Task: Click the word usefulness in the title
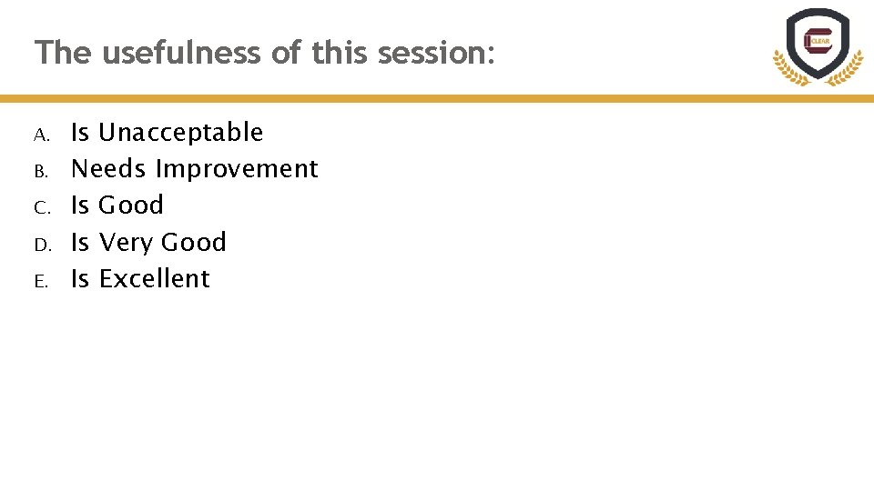[182, 53]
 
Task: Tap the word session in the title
[435, 53]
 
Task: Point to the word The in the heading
[63, 53]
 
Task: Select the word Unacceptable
[180, 133]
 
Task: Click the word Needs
[108, 169]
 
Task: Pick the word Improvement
[237, 169]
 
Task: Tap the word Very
[125, 243]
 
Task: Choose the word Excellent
[154, 278]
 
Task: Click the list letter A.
[41, 135]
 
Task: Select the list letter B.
[41, 172]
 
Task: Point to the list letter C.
[41, 208]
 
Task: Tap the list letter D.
[41, 245]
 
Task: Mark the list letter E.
[41, 282]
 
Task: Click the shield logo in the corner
[817, 42]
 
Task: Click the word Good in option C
[131, 205]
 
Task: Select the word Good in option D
[193, 243]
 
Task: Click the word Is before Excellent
[80, 278]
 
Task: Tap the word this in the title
[340, 53]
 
